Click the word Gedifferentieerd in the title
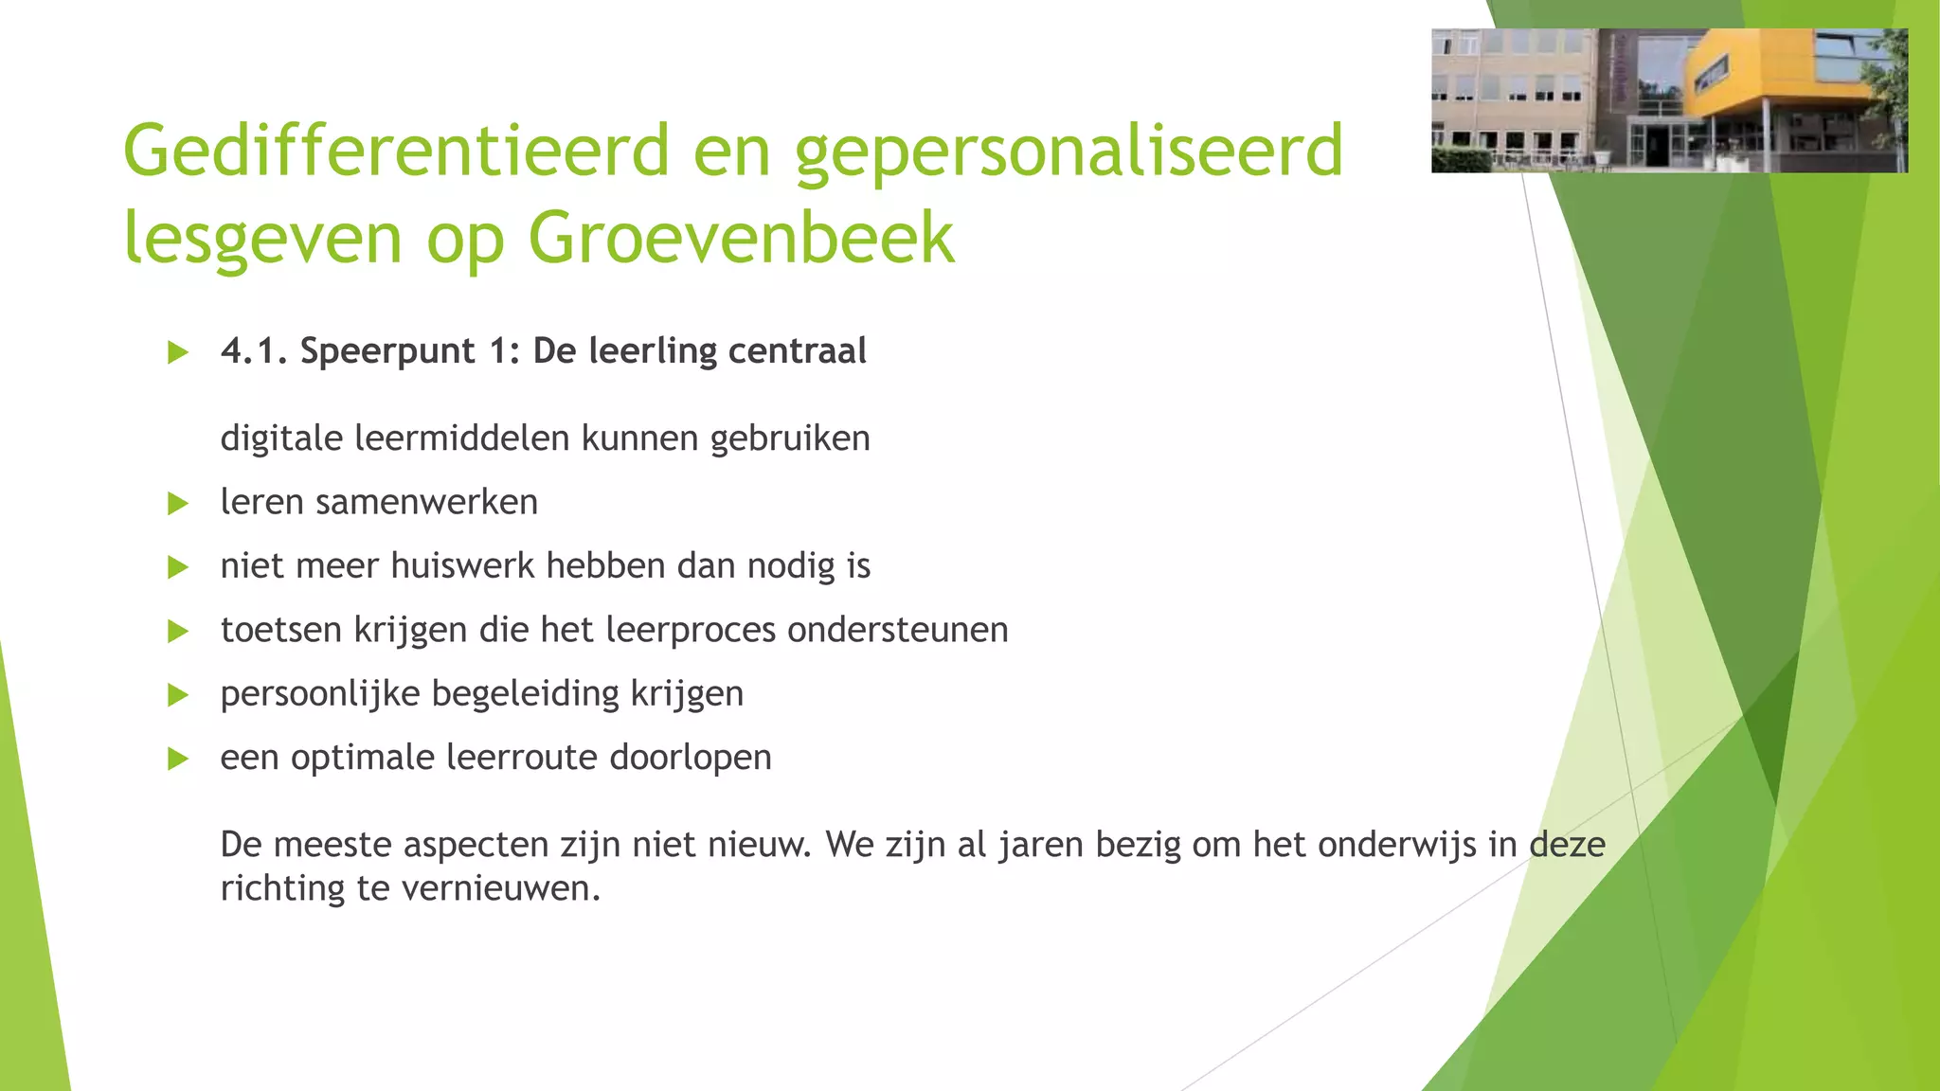tap(396, 152)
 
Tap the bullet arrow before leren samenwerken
tap(177, 503)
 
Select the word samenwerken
tap(426, 502)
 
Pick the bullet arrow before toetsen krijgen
tap(177, 631)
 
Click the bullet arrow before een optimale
tap(177, 759)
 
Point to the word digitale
tap(281, 438)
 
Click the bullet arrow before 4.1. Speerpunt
tap(177, 353)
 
